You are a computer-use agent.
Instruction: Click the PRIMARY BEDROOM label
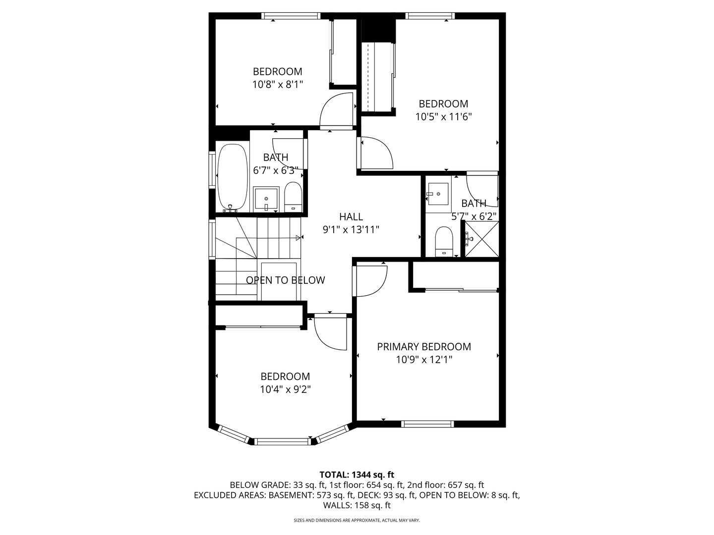[x=424, y=347]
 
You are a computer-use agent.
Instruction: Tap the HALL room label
[x=351, y=216]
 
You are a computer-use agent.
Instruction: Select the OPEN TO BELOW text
[x=286, y=280]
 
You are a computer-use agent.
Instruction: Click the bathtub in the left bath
[x=232, y=177]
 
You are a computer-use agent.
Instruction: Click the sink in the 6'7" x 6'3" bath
[x=266, y=199]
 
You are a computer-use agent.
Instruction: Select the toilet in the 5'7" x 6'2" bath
[x=443, y=242]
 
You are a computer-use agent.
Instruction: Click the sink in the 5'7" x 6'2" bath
[x=438, y=194]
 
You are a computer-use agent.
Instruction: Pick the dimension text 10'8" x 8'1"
[x=277, y=85]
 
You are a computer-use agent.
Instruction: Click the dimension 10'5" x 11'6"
[x=443, y=117]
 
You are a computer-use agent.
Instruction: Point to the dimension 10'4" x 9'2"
[x=285, y=390]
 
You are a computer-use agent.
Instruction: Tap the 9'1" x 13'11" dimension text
[x=351, y=230]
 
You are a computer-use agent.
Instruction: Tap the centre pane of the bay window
[x=283, y=441]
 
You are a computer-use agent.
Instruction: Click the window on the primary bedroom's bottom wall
[x=427, y=424]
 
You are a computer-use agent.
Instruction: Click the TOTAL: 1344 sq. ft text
[x=357, y=475]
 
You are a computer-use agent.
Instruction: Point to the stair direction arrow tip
[x=299, y=238]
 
